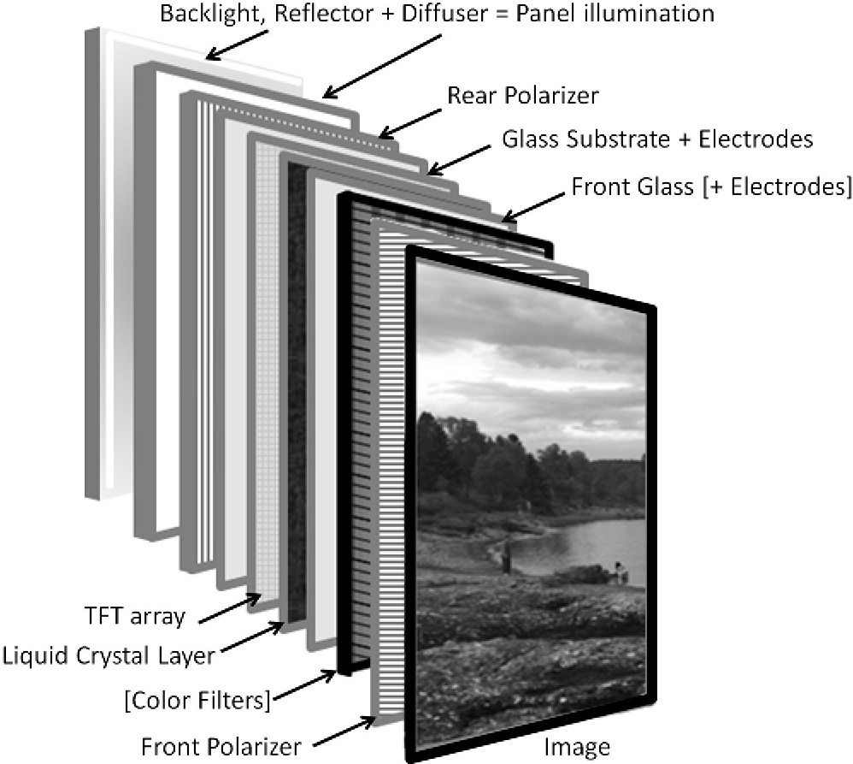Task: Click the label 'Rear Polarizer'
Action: (x=523, y=95)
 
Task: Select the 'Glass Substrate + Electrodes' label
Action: (x=656, y=139)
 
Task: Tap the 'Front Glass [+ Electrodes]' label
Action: (x=711, y=187)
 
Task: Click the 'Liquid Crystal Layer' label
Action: (x=109, y=657)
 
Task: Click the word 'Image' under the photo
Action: (x=577, y=746)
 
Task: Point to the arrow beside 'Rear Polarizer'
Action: (x=409, y=119)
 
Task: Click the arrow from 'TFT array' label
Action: (x=232, y=605)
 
